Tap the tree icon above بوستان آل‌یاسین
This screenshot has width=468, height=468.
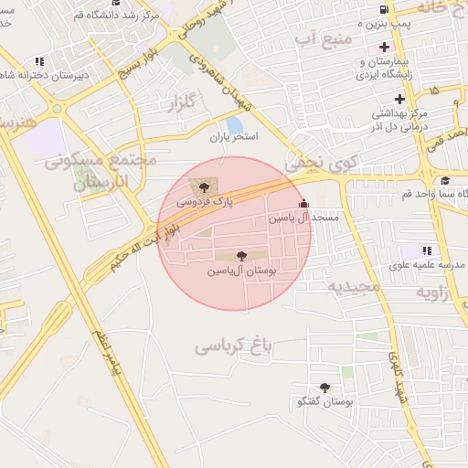(241, 257)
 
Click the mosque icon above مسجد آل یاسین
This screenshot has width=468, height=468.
(303, 205)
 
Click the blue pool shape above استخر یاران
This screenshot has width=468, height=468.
(235, 124)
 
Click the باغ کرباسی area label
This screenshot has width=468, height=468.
(234, 346)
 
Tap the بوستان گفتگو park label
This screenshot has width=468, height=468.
(326, 402)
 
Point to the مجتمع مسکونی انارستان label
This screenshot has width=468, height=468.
(101, 171)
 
